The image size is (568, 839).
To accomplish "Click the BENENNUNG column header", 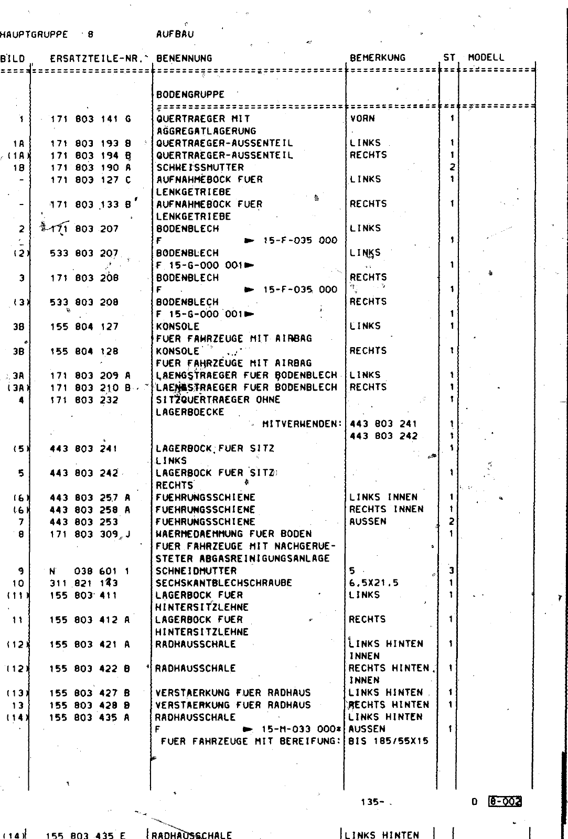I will click(184, 58).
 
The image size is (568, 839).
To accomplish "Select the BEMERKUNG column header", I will click(377, 58).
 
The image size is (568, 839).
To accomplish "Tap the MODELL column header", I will click(486, 58).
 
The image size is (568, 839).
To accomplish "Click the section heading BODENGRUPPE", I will click(190, 95).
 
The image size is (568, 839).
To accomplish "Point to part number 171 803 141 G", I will click(90, 119).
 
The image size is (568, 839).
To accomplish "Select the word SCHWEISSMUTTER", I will click(200, 168).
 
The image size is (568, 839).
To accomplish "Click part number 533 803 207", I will click(84, 253).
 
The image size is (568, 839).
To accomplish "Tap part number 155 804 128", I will click(84, 351).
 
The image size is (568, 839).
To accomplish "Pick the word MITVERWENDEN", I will click(302, 424).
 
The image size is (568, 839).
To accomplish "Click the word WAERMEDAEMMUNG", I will click(200, 534).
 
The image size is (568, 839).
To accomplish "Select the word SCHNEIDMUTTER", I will click(196, 571).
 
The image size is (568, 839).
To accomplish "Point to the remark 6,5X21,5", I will click(373, 583).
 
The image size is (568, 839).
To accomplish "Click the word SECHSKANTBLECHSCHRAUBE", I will click(223, 583).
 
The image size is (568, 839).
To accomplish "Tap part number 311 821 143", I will click(84, 583).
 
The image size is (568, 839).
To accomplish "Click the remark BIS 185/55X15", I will click(388, 741).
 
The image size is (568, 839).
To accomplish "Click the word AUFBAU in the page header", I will click(175, 35).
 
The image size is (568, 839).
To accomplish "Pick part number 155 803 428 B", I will click(90, 705).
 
